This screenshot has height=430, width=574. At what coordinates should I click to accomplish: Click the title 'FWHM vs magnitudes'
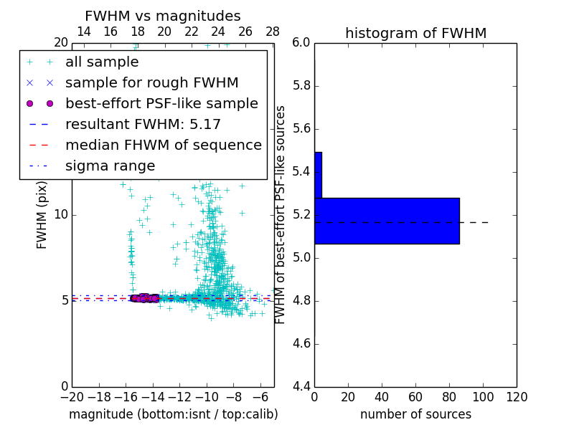coord(163,16)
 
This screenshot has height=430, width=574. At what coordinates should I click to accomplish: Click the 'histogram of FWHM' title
coord(415,33)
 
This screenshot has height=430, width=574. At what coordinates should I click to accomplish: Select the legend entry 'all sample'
coord(102,62)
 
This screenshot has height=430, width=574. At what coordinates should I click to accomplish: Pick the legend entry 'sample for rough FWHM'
coord(151,83)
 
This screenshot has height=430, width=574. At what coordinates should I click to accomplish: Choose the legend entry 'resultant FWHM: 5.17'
coord(143,125)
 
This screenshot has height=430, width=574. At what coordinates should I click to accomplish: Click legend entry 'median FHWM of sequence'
coord(163,145)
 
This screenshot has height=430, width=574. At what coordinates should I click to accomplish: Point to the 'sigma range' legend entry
coord(110,166)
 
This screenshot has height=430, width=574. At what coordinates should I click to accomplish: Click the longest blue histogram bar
coord(387,221)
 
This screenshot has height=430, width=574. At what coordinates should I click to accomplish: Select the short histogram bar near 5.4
coord(318,175)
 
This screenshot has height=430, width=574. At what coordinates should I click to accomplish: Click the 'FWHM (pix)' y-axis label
coord(42,215)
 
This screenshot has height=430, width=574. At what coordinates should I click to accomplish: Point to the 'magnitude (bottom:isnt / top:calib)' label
coord(173,414)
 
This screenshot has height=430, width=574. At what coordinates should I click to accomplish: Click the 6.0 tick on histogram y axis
coord(301,43)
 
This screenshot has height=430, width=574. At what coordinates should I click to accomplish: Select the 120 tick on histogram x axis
coord(517,397)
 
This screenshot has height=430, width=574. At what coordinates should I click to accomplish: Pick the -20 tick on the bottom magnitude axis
coord(72,397)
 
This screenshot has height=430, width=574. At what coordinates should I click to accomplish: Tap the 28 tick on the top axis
coord(273,32)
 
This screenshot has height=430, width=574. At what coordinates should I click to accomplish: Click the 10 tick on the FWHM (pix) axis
coord(61,215)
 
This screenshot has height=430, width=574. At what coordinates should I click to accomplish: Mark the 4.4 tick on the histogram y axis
coord(301,386)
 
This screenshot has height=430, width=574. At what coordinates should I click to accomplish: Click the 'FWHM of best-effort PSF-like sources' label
coord(281,215)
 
